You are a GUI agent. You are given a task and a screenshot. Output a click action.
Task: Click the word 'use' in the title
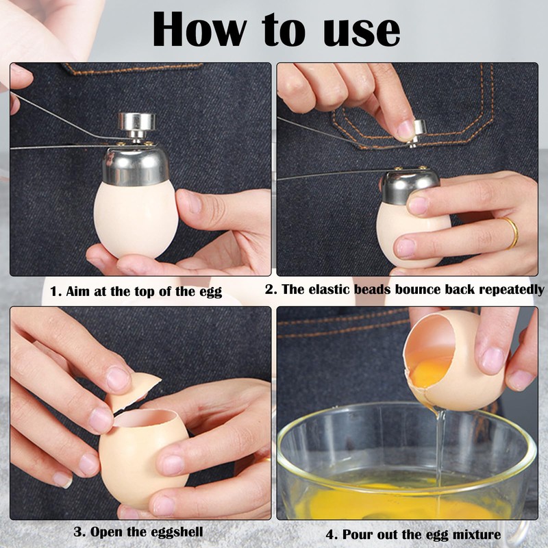[358, 31]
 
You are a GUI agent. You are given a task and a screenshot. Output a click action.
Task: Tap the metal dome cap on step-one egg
[136, 165]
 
